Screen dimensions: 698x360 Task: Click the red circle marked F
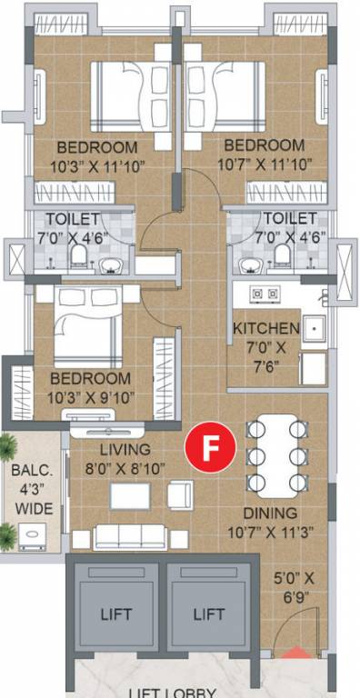pyautogui.click(x=211, y=448)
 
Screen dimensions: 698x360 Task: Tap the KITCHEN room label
pyautogui.click(x=265, y=328)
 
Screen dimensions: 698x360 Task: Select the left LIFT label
pyautogui.click(x=115, y=614)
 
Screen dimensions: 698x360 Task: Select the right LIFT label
pyautogui.click(x=209, y=614)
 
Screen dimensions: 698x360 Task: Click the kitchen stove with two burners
pyautogui.click(x=264, y=294)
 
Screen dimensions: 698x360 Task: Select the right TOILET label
pyautogui.click(x=290, y=219)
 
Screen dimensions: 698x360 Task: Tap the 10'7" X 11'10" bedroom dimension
pyautogui.click(x=264, y=165)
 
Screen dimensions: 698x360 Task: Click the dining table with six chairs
pyautogui.click(x=275, y=454)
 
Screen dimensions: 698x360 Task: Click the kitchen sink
pyautogui.click(x=314, y=329)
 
